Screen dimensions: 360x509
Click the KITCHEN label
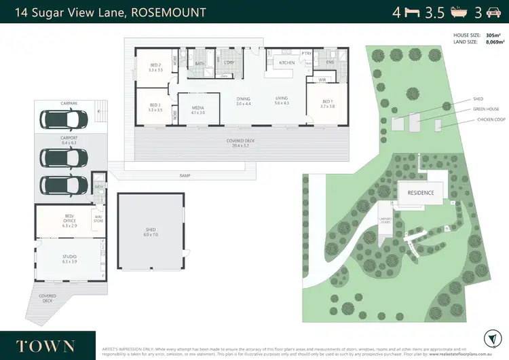coord(287,63)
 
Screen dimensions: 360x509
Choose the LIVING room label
coord(282,100)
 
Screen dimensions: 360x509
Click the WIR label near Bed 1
coord(322,79)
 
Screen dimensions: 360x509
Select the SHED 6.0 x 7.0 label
coord(151,231)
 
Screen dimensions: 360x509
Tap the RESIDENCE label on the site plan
coord(420,192)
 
